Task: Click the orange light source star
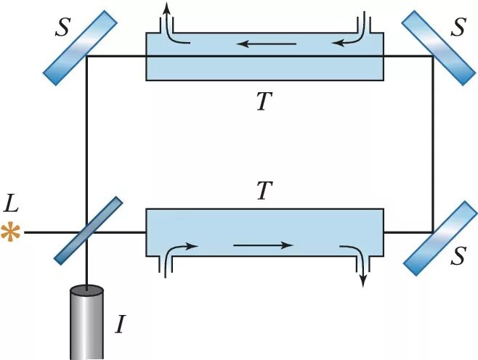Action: [x=10, y=233]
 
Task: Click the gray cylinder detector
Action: [x=87, y=323]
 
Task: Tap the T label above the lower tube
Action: [x=264, y=191]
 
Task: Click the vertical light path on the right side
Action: [x=433, y=145]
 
